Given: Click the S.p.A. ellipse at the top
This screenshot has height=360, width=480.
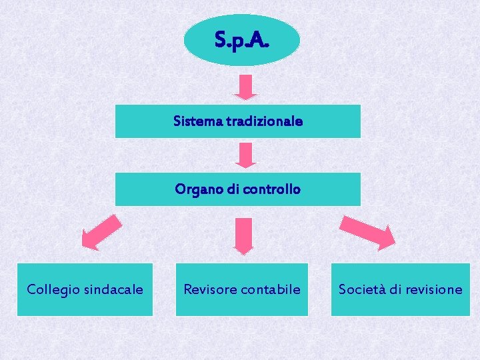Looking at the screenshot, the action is pyautogui.click(x=241, y=40).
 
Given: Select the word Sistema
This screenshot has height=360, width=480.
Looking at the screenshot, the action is pyautogui.click(x=193, y=121).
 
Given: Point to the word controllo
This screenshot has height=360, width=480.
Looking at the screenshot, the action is pyautogui.click(x=272, y=189).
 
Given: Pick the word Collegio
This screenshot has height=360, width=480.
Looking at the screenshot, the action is pyautogui.click(x=51, y=289).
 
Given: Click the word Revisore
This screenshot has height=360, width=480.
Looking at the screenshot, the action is pyautogui.click(x=209, y=289).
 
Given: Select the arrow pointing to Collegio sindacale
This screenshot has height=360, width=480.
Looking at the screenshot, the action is pyautogui.click(x=101, y=232).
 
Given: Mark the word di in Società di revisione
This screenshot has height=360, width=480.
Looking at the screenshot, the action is pyautogui.click(x=396, y=289).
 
